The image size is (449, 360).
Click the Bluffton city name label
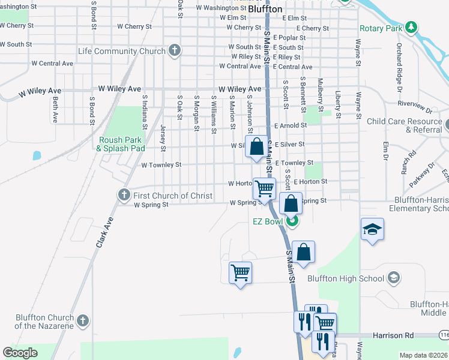click(265, 9)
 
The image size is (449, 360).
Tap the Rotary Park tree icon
click(411, 28)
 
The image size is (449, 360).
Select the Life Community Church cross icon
click(174, 51)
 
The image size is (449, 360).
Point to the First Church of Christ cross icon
click(124, 195)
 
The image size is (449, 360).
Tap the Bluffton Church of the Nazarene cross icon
click(82, 320)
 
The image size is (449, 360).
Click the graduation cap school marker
click(372, 230)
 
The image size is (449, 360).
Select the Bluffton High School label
click(346, 278)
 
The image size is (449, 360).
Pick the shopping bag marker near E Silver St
click(256, 146)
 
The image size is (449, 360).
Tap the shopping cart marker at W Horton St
click(264, 188)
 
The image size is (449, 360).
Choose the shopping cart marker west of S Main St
click(241, 272)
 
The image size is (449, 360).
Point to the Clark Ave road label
click(104, 233)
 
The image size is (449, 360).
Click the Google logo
click(20, 352)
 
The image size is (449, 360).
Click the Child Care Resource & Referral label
click(404, 125)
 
